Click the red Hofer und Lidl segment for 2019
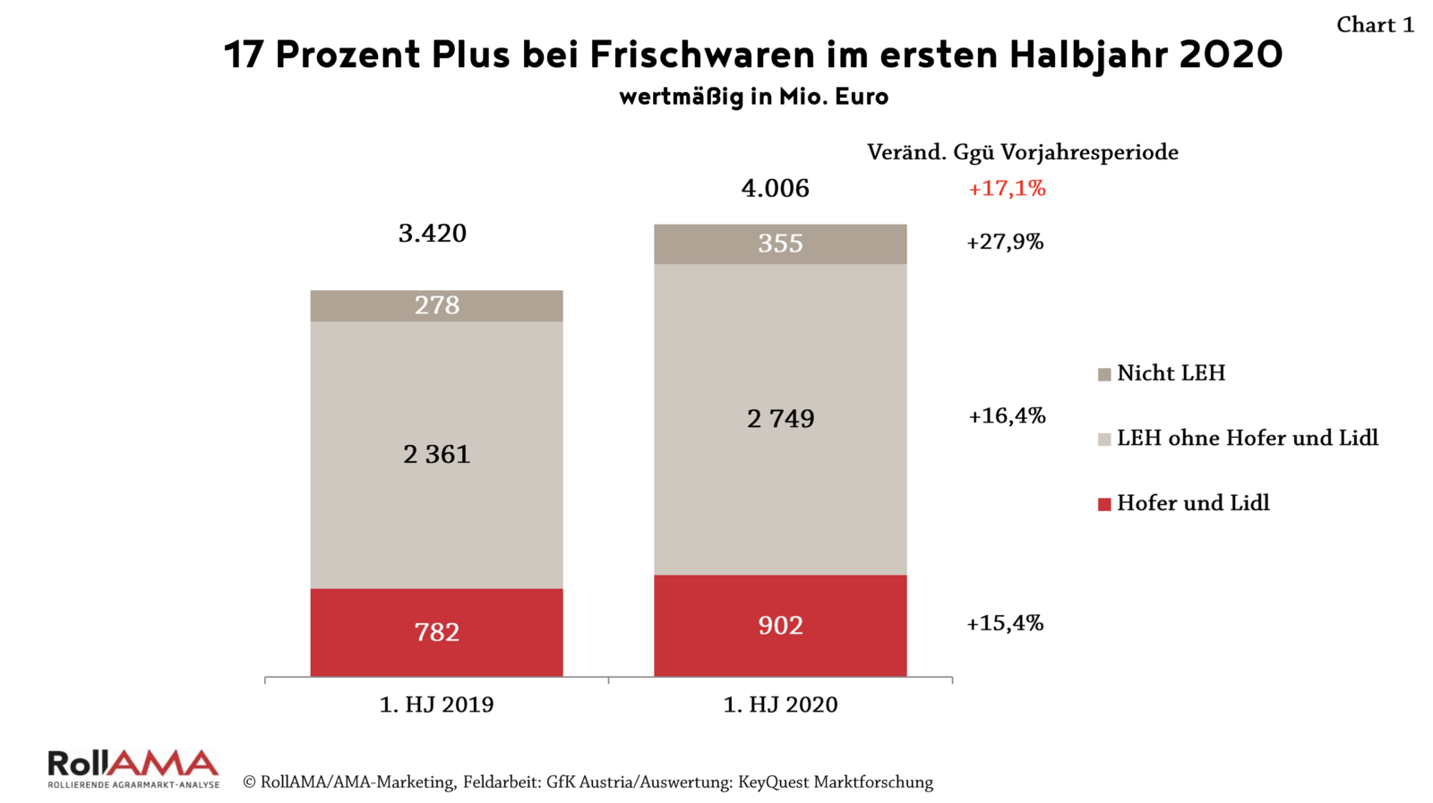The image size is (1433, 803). [x=436, y=632]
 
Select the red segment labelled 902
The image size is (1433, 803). [x=780, y=625]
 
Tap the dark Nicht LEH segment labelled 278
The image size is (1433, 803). [x=436, y=305]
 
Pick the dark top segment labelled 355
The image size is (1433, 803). [x=780, y=243]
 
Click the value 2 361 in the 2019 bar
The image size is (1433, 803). [x=436, y=455]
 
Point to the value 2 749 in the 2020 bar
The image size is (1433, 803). [x=780, y=419]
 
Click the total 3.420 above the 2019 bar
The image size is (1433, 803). [x=433, y=234]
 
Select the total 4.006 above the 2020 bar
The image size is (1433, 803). [x=775, y=188]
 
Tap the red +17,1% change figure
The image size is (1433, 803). [x=1007, y=188]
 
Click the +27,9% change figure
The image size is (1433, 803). [x=1005, y=242]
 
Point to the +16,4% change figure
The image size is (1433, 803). [x=1007, y=415]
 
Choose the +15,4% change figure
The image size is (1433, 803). [x=1005, y=623]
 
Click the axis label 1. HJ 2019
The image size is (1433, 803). [x=436, y=705]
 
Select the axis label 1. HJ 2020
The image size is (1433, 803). [x=780, y=705]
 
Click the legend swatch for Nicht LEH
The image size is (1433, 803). [x=1104, y=374]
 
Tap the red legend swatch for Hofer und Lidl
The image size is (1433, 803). [x=1104, y=504]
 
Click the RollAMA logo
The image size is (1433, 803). [x=133, y=768]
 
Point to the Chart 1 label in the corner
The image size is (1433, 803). [x=1375, y=25]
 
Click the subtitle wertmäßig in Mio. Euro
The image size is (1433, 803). [x=753, y=96]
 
